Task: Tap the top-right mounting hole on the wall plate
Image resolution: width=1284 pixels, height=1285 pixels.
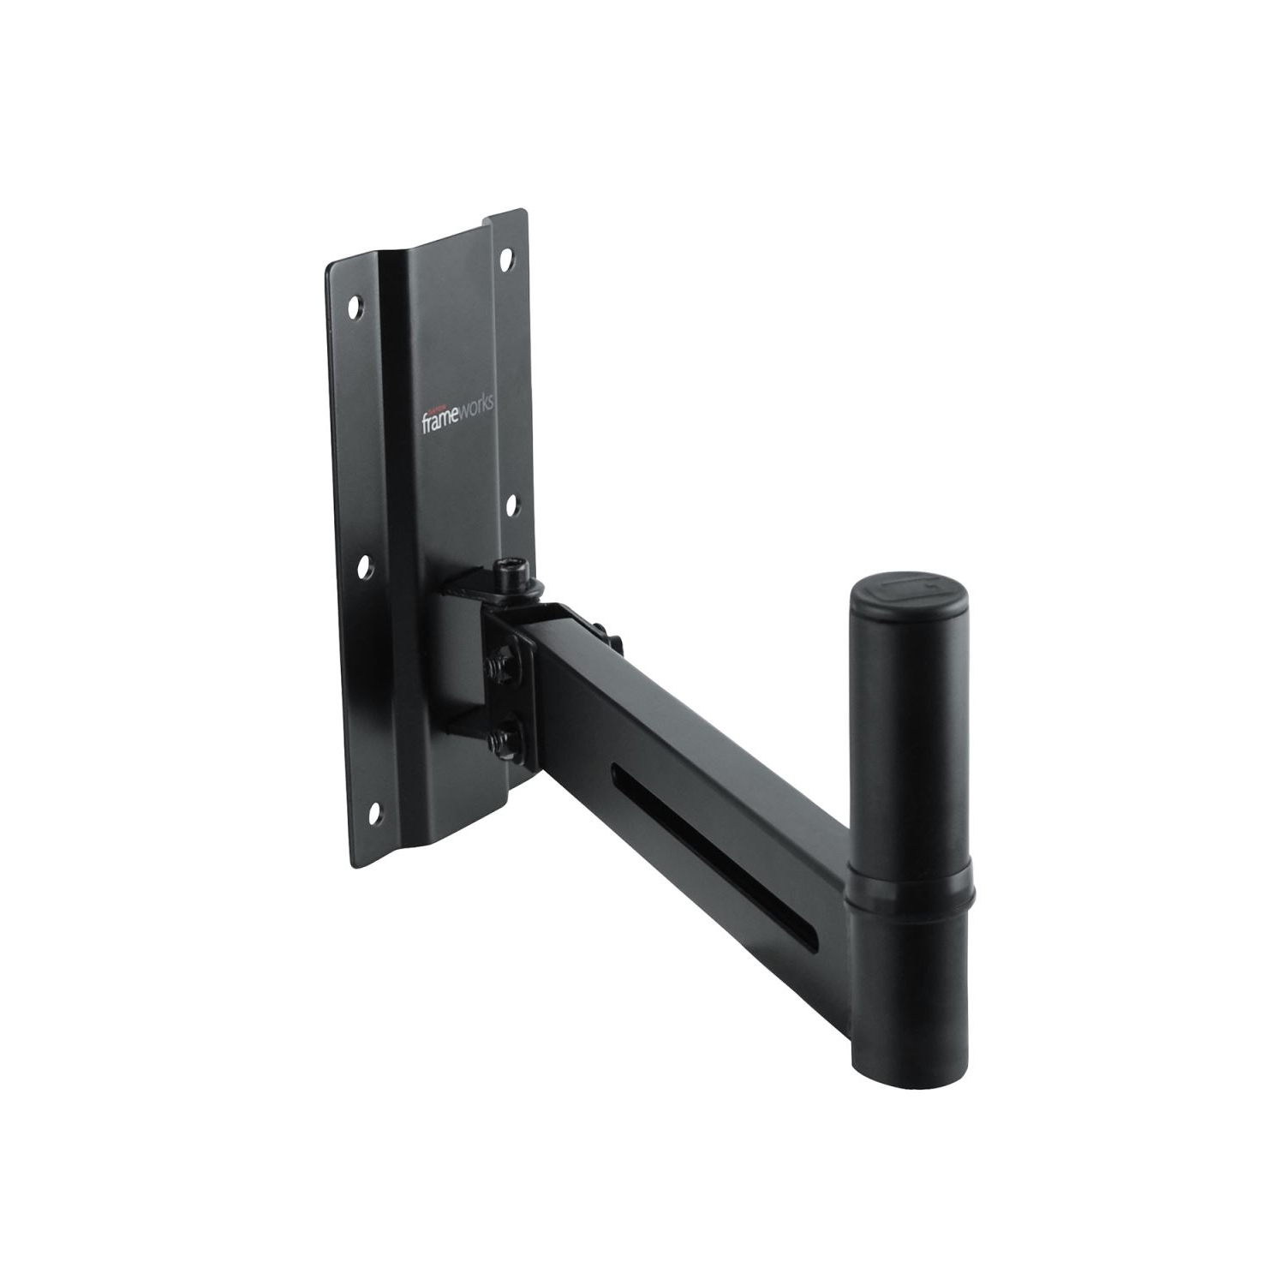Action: click(x=506, y=255)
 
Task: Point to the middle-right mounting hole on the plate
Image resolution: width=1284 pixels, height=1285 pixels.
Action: click(x=511, y=505)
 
